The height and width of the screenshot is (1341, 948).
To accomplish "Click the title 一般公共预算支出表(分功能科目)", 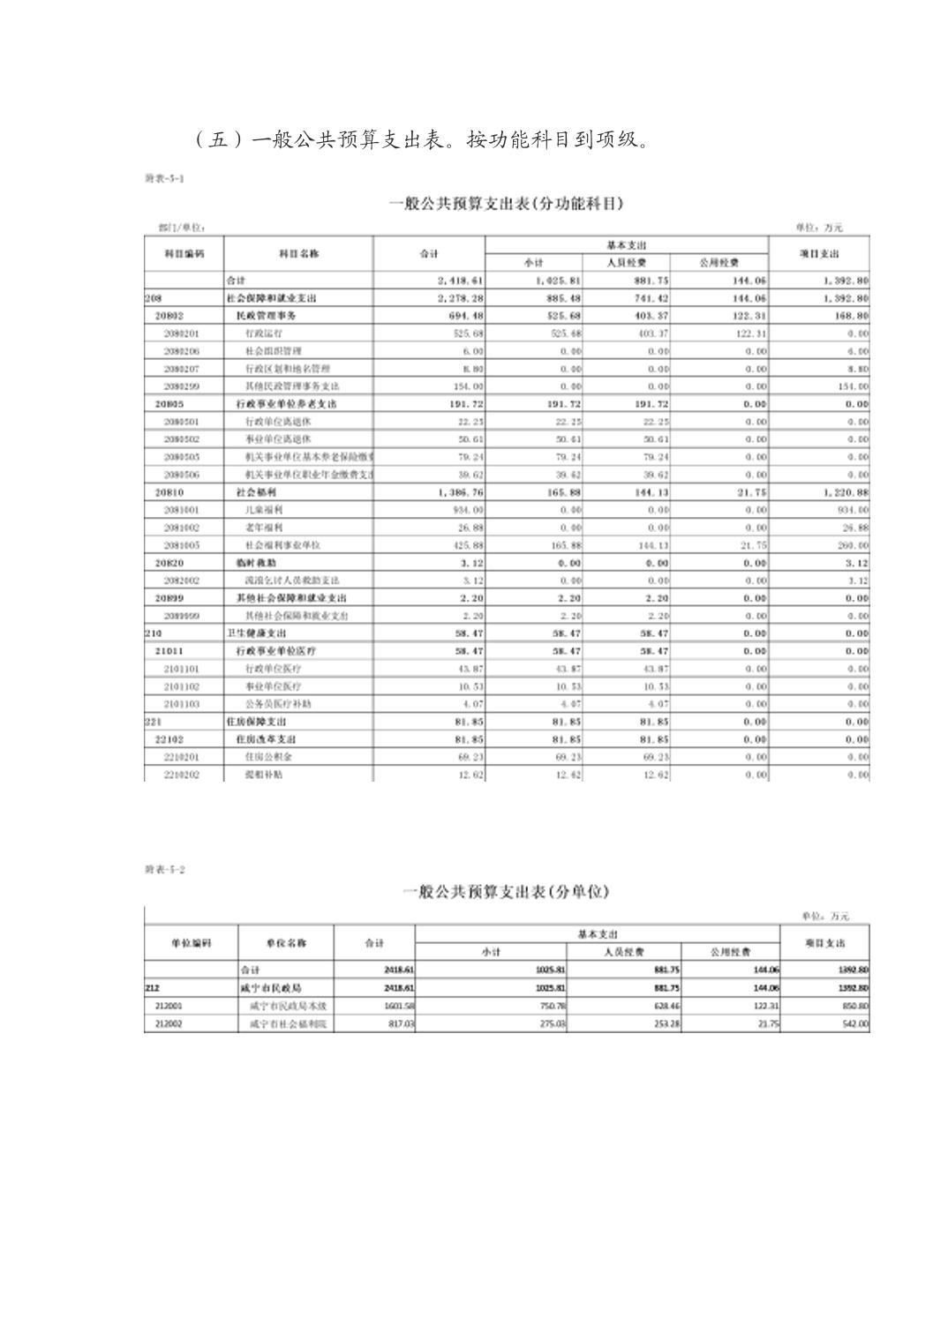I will tap(506, 204).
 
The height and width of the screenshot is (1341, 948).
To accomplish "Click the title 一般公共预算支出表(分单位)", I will tap(506, 892).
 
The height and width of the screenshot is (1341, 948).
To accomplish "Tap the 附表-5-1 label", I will tap(164, 178).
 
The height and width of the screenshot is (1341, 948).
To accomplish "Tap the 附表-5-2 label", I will tap(164, 870).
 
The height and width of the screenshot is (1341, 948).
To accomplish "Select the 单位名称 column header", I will tap(286, 943).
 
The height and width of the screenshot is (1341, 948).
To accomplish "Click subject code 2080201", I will tap(181, 333).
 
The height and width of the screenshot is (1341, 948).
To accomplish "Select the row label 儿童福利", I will tap(261, 510).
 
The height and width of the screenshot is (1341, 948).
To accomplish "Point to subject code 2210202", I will tap(181, 775).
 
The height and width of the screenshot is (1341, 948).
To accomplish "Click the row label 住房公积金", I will tap(266, 757).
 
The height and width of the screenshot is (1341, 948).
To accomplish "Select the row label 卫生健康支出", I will tap(257, 633).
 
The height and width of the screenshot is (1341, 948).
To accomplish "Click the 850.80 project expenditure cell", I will tap(854, 1006).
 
